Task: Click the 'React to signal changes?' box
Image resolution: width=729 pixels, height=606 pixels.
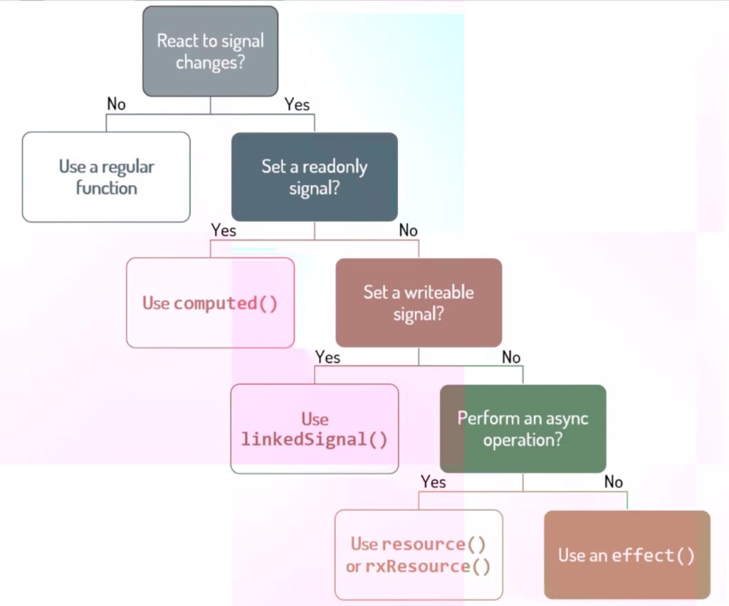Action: click(x=210, y=51)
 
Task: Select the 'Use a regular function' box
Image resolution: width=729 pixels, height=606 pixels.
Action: click(x=106, y=177)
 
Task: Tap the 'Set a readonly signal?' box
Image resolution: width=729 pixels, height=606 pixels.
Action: click(x=314, y=177)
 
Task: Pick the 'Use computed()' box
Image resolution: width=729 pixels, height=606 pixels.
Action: click(x=210, y=303)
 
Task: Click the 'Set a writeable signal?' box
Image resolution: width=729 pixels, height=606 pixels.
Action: click(x=419, y=303)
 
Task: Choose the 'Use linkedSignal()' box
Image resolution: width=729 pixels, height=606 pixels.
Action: click(x=314, y=429)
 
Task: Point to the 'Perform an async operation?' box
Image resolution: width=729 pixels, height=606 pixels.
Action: click(x=523, y=429)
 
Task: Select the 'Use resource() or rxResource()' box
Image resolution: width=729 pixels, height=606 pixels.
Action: click(x=419, y=555)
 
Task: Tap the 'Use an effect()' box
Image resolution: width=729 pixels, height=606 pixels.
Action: click(x=626, y=555)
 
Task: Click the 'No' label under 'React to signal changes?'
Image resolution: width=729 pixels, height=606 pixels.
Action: click(x=116, y=105)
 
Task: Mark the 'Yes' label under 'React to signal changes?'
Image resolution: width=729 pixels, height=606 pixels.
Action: click(x=297, y=105)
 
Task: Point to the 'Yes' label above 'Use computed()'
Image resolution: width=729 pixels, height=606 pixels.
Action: click(x=224, y=231)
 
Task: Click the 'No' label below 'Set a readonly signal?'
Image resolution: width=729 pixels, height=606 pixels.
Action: click(x=408, y=231)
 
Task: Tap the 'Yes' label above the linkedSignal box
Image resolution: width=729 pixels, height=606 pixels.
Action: click(x=327, y=357)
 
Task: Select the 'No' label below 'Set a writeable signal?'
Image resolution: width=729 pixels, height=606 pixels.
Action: click(x=511, y=357)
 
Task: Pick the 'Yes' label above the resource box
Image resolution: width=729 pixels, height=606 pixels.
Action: click(x=433, y=482)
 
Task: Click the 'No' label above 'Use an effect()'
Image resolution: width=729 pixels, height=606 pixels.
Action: click(x=614, y=482)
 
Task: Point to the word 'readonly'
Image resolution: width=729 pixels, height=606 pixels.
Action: click(x=336, y=167)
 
